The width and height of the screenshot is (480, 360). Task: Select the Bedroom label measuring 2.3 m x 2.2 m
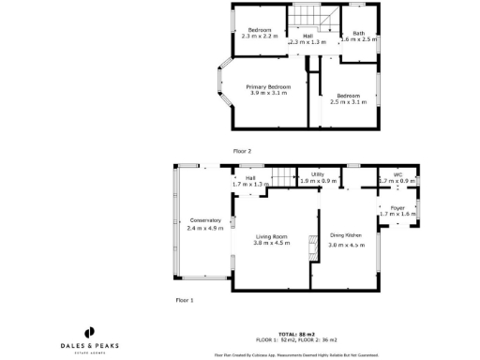[260, 33]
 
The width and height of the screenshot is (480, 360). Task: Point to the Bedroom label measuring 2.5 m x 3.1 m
[349, 98]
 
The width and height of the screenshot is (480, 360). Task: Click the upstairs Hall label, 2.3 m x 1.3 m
[307, 38]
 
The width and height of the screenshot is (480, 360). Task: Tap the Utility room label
[318, 177]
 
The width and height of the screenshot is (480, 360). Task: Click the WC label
[397, 177]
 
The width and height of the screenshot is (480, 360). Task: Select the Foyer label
[397, 211]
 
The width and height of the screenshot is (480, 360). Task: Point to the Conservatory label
[204, 224]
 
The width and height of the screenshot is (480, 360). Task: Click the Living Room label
[272, 239]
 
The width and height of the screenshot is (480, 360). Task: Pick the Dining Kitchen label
[346, 239]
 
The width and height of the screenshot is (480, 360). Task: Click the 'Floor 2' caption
[242, 150]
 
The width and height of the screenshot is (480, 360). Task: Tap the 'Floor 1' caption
[185, 300]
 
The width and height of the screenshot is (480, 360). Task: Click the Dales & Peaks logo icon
[90, 331]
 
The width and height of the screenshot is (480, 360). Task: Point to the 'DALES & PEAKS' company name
[90, 345]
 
